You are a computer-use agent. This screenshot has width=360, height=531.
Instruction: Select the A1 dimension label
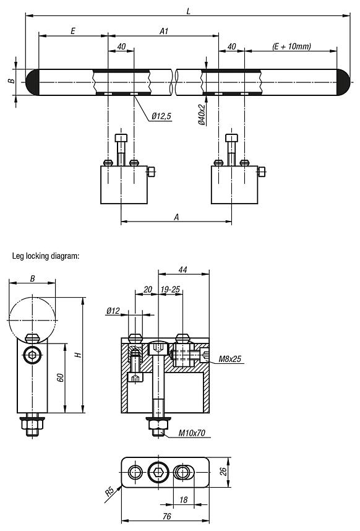click(x=163, y=30)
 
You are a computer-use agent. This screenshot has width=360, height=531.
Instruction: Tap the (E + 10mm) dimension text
click(x=291, y=46)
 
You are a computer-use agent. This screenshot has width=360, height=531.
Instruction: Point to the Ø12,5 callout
click(x=161, y=115)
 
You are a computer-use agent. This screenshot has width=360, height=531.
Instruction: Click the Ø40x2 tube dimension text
click(x=202, y=115)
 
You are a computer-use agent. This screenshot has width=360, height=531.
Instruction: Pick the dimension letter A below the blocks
click(x=177, y=217)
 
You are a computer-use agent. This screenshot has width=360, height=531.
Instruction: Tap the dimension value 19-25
click(x=171, y=289)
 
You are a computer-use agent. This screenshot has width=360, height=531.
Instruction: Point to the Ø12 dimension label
click(x=113, y=310)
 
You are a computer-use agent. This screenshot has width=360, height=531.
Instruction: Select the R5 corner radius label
click(x=109, y=491)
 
